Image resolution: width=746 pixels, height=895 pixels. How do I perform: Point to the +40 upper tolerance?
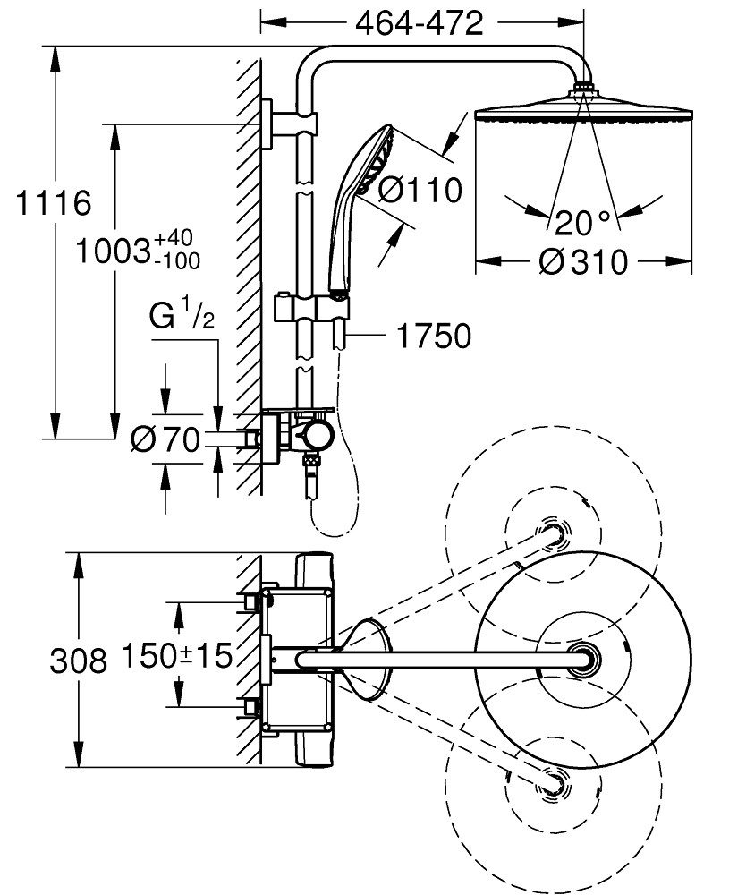pos(173,239)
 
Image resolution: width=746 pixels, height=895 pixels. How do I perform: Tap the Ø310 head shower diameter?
pos(585,262)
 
